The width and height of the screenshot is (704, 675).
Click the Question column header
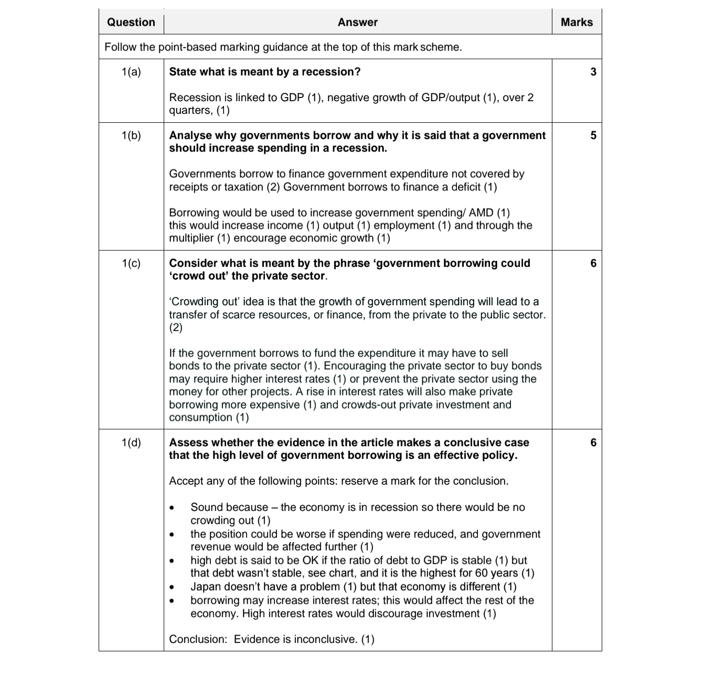131,22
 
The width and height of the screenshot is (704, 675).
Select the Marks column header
577,22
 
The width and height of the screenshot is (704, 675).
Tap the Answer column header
357,22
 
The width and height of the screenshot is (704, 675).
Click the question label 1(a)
131,72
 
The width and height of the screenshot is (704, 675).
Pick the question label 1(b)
131,135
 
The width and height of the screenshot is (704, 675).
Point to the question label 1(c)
131,263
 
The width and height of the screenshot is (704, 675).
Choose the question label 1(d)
131,443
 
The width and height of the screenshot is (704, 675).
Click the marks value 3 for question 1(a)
593,72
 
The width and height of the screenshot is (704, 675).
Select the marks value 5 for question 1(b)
593,135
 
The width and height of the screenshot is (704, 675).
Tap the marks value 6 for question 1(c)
593,263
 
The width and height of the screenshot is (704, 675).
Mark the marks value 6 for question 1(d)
593,443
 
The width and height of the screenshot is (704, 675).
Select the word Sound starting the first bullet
207,508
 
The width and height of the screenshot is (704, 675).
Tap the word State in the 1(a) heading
183,72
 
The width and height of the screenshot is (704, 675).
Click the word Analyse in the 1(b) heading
190,135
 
